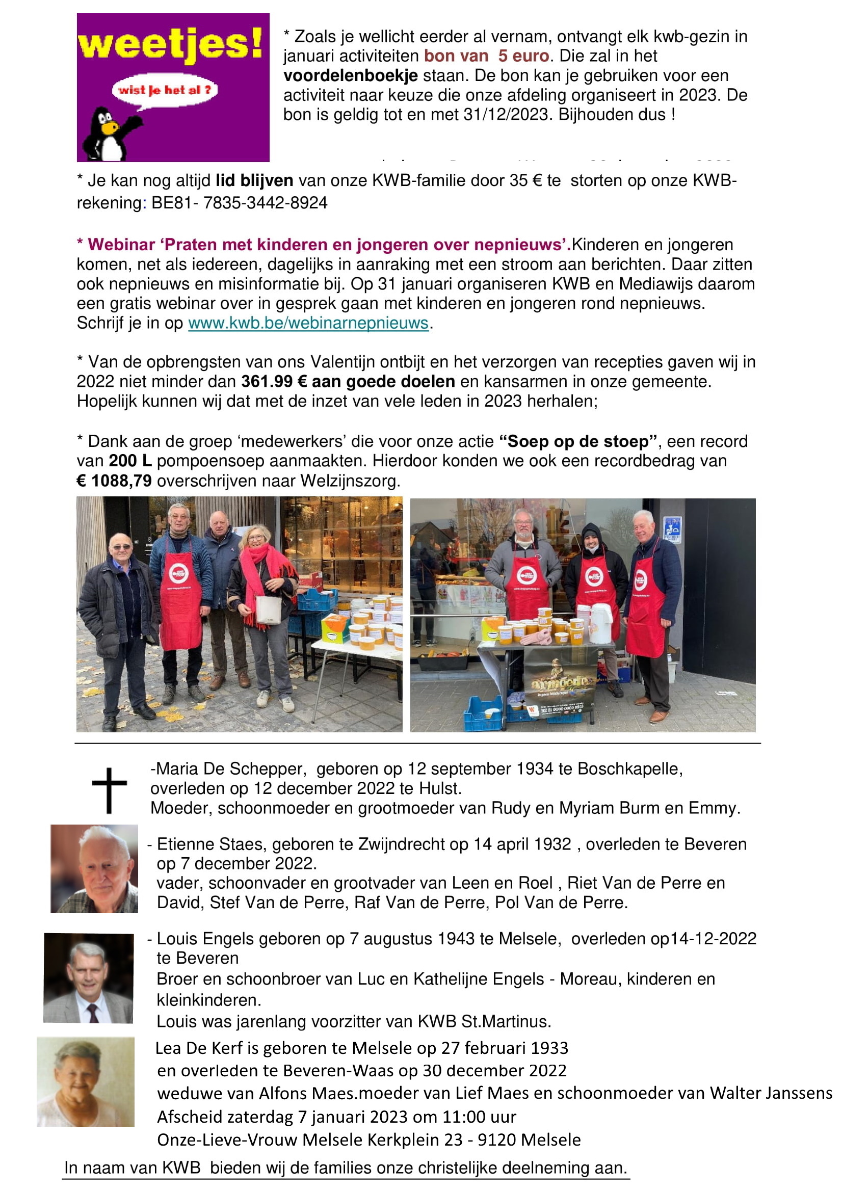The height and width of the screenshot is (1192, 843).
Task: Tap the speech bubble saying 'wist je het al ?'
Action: [x=165, y=90]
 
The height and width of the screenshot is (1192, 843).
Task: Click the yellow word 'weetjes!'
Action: [x=170, y=44]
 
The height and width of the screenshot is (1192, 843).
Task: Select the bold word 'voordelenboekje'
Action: [x=350, y=76]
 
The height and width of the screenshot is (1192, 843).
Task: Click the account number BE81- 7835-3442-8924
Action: [x=240, y=203]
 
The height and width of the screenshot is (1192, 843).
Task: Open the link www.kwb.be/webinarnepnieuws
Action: [x=308, y=324]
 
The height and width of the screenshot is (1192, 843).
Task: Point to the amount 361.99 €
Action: [x=274, y=382]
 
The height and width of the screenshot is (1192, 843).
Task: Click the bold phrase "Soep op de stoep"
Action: [x=578, y=441]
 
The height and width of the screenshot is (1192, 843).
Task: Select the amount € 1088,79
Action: [x=114, y=481]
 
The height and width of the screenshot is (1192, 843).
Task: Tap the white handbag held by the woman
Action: [x=269, y=610]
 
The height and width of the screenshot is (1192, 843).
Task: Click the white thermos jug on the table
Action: [x=601, y=623]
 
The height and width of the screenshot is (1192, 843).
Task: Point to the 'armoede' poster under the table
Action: [x=560, y=683]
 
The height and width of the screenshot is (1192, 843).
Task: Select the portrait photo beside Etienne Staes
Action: [x=94, y=868]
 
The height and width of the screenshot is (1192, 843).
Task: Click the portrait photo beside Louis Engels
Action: [x=88, y=977]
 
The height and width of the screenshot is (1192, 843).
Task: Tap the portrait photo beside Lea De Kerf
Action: [x=86, y=1081]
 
